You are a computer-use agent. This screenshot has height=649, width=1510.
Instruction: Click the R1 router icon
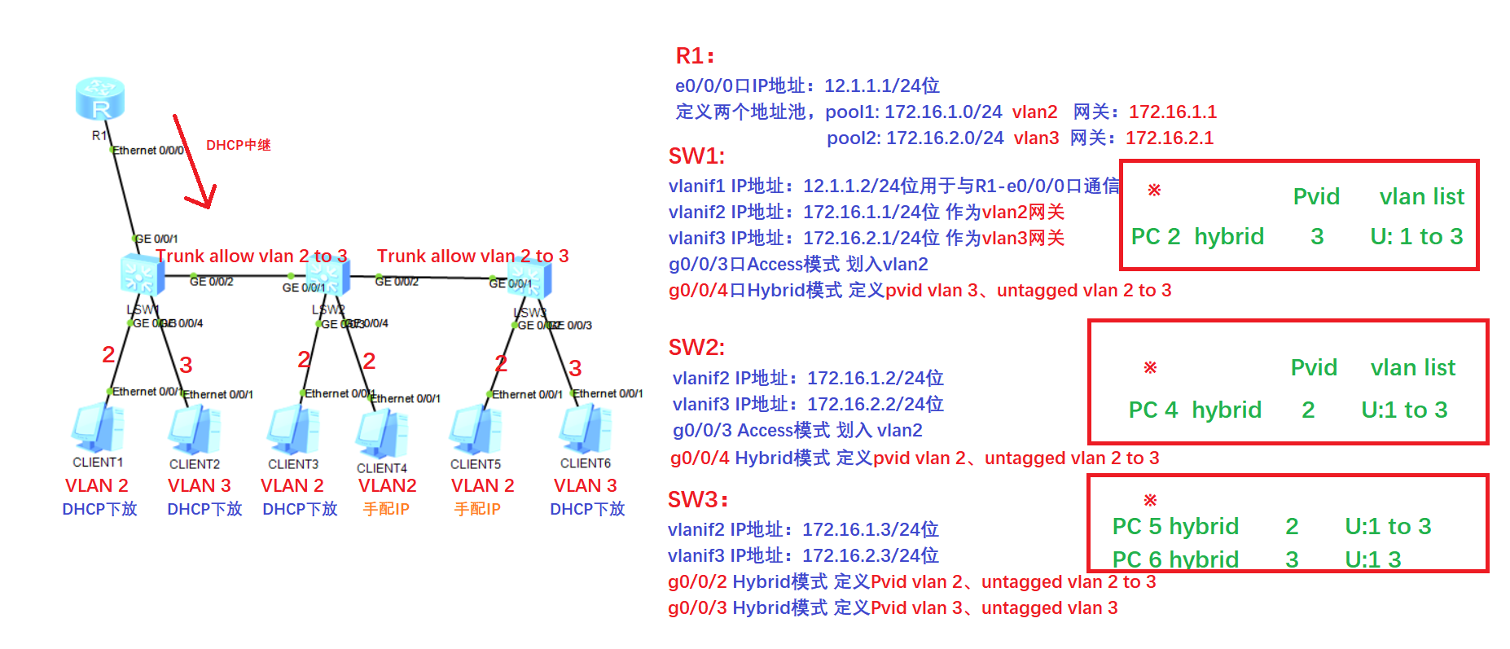coord(99,99)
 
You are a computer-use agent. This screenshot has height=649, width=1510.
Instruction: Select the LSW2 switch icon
coord(328,275)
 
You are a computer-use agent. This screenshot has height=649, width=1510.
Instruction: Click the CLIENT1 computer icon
coord(98,428)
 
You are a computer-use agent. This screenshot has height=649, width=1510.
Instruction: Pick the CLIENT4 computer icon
coord(381,433)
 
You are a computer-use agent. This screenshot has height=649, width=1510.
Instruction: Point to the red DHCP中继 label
coord(238,145)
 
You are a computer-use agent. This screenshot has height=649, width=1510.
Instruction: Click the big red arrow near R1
coord(194,164)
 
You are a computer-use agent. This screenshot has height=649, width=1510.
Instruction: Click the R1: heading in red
coord(695,56)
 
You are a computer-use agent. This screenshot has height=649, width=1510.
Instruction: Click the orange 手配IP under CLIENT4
coord(386,509)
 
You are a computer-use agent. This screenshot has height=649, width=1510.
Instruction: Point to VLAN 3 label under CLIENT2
coord(199,485)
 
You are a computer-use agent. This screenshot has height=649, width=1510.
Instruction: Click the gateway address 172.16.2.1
coord(1170,138)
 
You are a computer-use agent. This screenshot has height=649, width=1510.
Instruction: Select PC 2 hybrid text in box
coord(1196,237)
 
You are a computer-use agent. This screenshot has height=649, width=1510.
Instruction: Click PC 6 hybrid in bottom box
coord(1174,559)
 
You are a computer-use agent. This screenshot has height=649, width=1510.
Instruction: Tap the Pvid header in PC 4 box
coord(1313,367)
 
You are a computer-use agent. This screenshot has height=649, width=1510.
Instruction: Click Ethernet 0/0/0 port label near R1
coord(147,151)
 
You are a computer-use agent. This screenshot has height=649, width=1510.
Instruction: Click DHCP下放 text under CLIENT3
coord(300,509)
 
